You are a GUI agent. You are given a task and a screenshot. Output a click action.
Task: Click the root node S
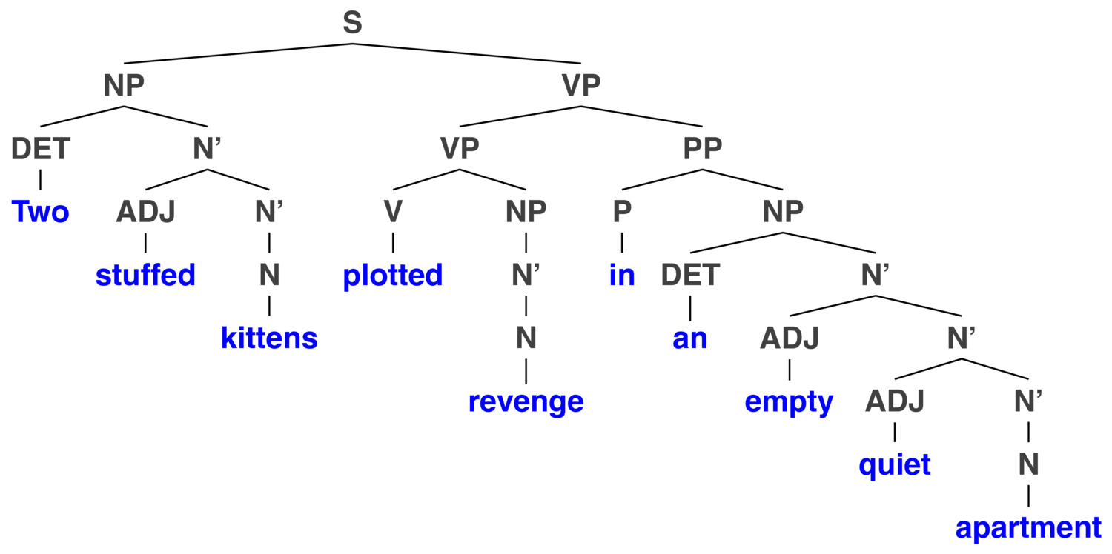click(352, 22)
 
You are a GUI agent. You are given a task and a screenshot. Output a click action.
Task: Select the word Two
click(40, 212)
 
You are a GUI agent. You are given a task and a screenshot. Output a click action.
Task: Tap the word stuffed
click(145, 275)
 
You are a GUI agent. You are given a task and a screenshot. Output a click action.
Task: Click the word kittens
click(269, 338)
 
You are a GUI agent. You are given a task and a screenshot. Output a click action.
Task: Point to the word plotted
click(393, 276)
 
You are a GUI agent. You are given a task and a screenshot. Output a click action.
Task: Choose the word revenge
click(526, 401)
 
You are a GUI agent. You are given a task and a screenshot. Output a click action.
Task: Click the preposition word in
click(622, 275)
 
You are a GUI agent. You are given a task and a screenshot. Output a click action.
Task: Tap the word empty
click(790, 401)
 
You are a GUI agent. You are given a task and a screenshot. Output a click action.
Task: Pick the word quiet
click(895, 465)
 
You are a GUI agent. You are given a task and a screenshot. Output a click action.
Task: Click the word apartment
click(1029, 528)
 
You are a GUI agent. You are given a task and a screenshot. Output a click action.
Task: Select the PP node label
click(703, 148)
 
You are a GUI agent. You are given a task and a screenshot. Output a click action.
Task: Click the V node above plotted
click(393, 212)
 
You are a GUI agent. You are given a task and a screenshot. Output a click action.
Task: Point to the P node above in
click(622, 212)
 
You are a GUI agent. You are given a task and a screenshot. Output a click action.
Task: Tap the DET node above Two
click(41, 149)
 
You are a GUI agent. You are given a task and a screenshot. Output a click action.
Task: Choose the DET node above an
click(690, 275)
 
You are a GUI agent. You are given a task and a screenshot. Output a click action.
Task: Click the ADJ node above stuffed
click(145, 212)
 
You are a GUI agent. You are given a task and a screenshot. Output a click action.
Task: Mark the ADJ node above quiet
click(895, 401)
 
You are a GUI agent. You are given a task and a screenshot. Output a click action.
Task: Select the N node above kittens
click(269, 275)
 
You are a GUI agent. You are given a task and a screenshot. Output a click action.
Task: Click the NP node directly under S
click(124, 85)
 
